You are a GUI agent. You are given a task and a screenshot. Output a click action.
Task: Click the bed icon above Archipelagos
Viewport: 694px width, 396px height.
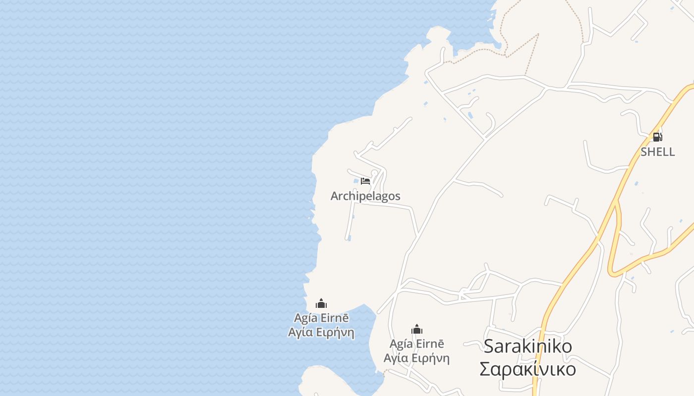point(365,181)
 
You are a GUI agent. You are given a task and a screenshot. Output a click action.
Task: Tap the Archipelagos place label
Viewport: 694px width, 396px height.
point(365,196)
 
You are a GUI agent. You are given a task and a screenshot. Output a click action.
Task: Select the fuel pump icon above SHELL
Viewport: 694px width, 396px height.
point(657,137)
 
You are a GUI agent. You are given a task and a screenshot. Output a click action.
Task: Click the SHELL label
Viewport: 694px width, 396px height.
point(657,152)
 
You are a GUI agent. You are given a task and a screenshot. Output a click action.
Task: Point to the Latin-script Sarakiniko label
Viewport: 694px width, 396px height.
point(527,346)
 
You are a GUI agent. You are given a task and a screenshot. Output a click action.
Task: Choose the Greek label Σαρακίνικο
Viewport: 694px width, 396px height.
point(527,369)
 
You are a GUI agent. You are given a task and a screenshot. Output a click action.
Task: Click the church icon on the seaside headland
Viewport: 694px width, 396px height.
point(321,303)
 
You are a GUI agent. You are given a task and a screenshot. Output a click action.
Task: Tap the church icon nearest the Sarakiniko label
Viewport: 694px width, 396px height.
point(417,329)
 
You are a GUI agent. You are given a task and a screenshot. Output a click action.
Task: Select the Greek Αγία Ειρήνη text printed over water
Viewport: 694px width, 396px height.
point(321,332)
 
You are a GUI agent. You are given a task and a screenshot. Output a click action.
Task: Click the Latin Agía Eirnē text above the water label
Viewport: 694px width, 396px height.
point(321,318)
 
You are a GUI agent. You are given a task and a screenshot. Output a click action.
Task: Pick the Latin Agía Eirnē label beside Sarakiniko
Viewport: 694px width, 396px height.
point(417,344)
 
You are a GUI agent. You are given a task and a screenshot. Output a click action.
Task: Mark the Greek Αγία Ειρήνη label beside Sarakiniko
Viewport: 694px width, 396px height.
point(417,358)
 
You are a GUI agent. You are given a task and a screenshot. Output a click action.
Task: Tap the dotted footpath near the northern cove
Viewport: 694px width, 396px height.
point(520,47)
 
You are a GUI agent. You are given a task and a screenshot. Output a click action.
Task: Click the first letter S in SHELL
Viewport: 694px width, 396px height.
point(644,152)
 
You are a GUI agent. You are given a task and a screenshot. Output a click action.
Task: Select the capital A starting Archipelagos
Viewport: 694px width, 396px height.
point(334,196)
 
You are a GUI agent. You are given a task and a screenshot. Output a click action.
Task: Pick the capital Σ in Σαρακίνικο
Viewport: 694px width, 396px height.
point(486,369)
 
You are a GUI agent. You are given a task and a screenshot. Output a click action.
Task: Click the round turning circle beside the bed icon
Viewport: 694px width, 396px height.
point(374,173)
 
